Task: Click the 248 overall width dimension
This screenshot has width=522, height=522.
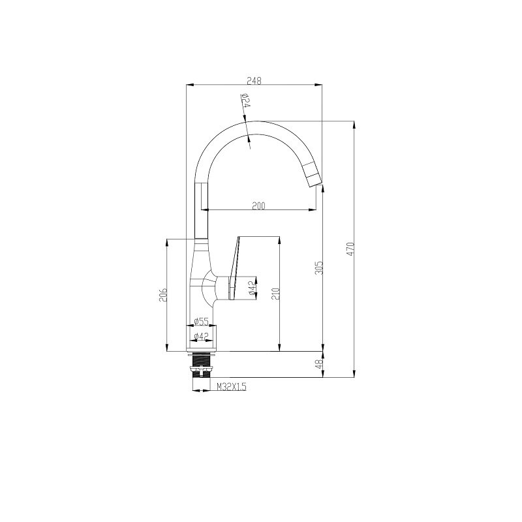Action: coord(254,80)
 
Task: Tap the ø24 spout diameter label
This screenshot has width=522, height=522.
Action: coord(246,100)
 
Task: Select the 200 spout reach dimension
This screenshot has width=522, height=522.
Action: coord(258,206)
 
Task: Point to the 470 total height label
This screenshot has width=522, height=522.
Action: coord(351,249)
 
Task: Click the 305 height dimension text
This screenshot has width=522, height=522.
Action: coord(319,268)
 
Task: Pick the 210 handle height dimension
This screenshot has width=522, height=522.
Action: coord(276,294)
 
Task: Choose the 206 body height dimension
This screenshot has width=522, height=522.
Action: coord(163,294)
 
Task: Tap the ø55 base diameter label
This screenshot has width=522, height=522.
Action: coord(201,322)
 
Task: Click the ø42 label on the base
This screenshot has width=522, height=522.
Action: coord(201,337)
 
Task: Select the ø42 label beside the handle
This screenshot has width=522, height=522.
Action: coord(253,288)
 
